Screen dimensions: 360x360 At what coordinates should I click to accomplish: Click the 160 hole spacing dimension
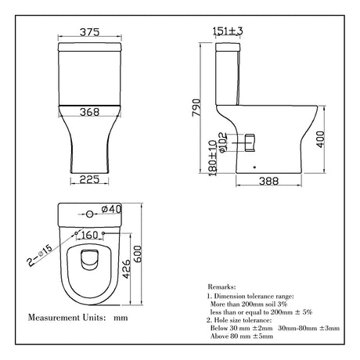pos(92,234)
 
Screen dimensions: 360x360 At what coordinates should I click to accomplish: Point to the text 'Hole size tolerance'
pos(252,321)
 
